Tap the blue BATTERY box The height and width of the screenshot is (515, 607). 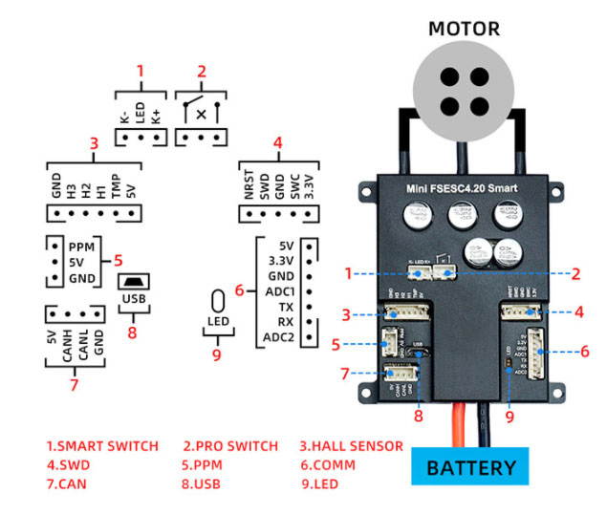click(470, 468)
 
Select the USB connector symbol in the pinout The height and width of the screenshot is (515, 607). click(133, 283)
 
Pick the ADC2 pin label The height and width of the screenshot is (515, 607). click(278, 337)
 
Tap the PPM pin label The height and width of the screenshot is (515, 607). click(82, 246)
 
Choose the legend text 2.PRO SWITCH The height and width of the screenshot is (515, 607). click(230, 446)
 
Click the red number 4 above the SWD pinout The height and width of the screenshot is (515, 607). click(276, 144)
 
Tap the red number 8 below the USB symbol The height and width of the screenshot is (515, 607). click(133, 333)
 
